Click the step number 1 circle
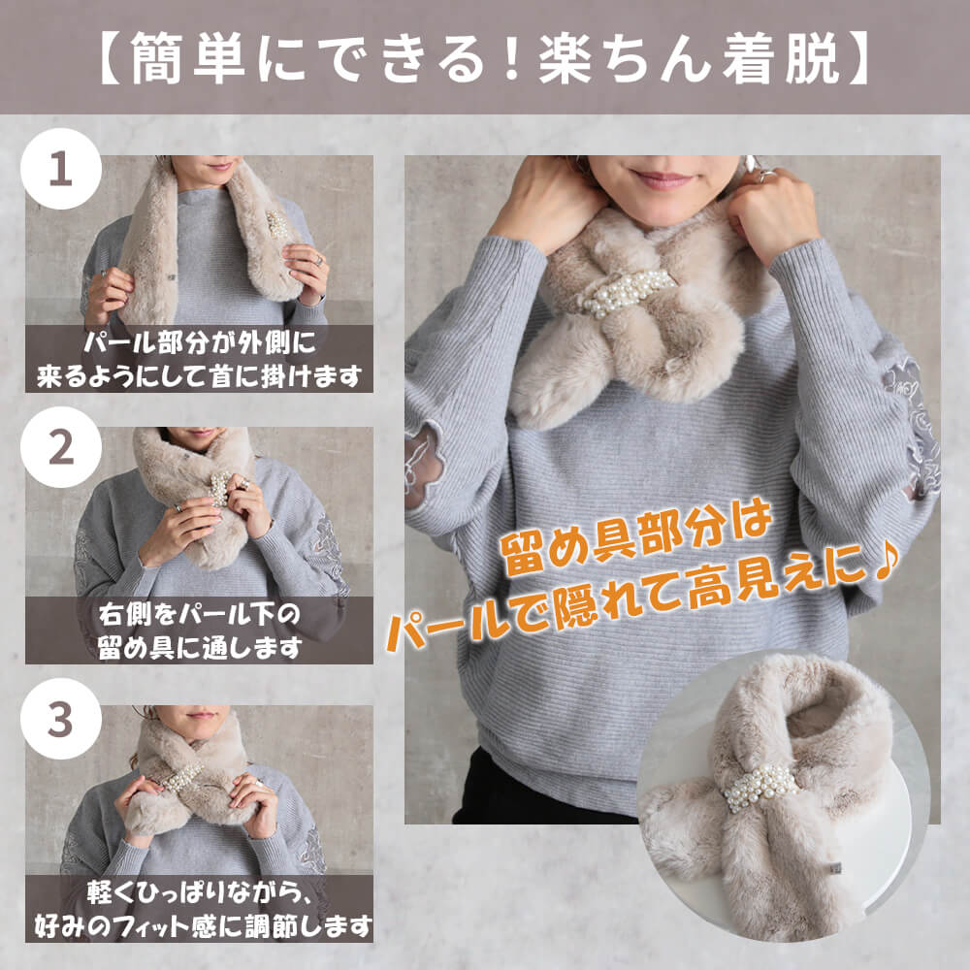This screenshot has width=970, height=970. [x=60, y=169]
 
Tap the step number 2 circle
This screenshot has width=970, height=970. [x=60, y=446]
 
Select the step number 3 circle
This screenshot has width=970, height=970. [x=60, y=719]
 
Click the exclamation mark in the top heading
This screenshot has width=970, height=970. [x=511, y=59]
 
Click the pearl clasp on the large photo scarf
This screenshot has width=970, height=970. [x=625, y=292]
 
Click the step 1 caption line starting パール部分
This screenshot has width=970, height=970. [x=199, y=342]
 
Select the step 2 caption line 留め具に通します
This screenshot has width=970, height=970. [x=199, y=647]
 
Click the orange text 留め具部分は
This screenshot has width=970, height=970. [x=636, y=537]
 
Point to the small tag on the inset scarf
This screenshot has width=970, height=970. [x=836, y=868]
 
